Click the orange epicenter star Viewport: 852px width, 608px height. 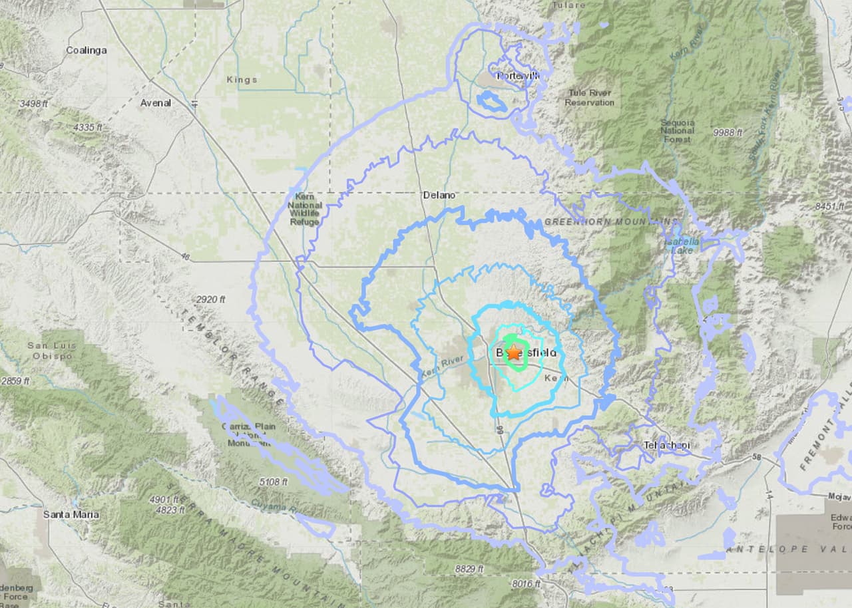coord(513,353)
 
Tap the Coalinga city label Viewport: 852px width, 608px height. coord(86,50)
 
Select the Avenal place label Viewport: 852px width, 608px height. coord(156,103)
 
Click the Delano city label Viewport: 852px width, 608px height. coord(439,195)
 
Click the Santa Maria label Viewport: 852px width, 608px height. coord(71,514)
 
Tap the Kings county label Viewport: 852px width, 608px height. coord(242,80)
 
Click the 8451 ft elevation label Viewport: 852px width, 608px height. coord(829,207)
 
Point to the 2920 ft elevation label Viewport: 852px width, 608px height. coord(210,299)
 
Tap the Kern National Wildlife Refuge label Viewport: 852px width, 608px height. coord(304,208)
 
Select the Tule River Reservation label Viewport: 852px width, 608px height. coord(589,98)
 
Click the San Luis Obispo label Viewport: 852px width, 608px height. coord(50,351)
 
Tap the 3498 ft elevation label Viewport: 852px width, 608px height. coord(34,104)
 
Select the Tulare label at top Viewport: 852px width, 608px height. coord(568,5)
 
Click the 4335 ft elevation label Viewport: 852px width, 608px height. coord(88,127)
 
